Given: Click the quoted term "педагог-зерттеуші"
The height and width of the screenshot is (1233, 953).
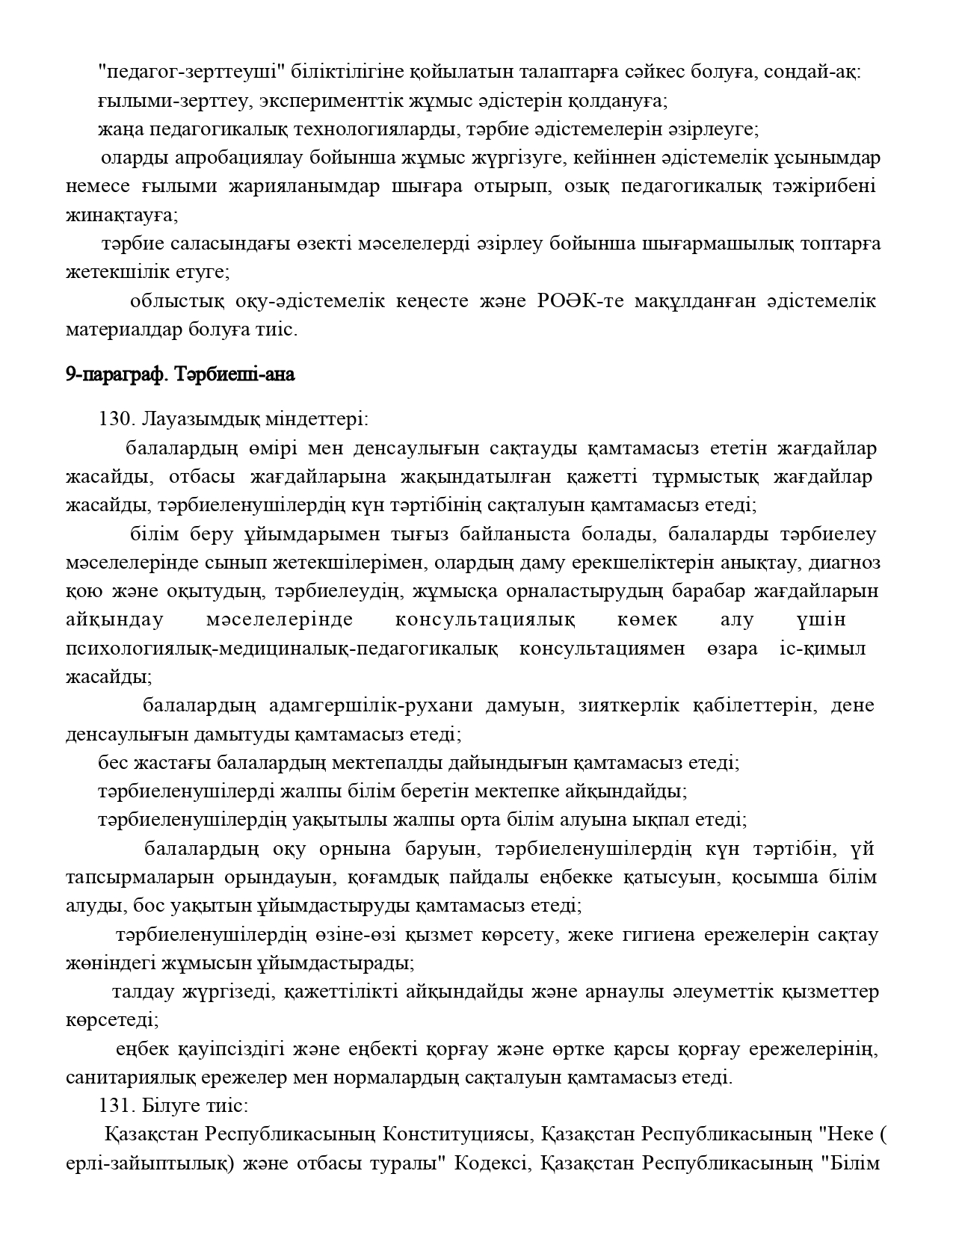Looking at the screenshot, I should pyautogui.click(x=194, y=72).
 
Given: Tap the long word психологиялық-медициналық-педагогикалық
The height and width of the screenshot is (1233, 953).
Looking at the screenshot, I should pyautogui.click(x=282, y=649).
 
